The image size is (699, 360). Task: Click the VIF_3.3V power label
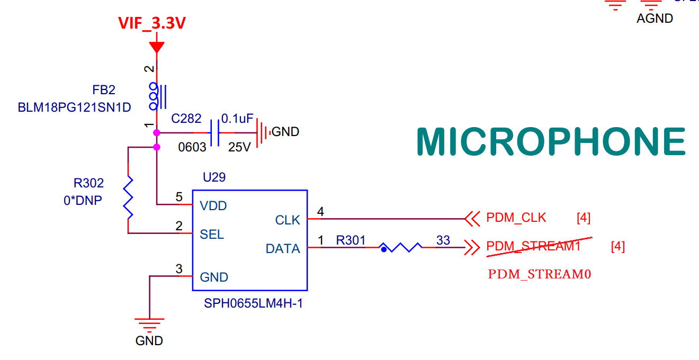click(151, 23)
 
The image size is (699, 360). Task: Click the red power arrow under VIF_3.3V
click(156, 48)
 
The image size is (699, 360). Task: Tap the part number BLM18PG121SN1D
click(74, 107)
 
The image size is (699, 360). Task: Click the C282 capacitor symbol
click(215, 132)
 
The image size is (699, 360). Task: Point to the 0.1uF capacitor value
click(237, 119)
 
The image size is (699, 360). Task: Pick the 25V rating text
click(239, 147)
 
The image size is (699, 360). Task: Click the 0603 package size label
click(192, 147)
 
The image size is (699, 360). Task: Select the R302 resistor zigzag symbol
click(128, 199)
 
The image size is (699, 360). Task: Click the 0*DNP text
click(83, 201)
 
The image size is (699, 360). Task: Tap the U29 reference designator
click(214, 177)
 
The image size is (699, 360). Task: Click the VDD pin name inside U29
click(213, 206)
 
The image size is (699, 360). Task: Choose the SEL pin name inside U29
click(212, 235)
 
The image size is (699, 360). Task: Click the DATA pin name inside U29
click(283, 249)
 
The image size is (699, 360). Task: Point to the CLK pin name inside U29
click(288, 220)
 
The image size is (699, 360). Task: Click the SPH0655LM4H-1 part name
click(253, 304)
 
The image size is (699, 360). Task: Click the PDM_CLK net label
click(516, 218)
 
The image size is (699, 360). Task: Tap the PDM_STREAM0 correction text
click(539, 274)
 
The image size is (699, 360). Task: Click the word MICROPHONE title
click(551, 142)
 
